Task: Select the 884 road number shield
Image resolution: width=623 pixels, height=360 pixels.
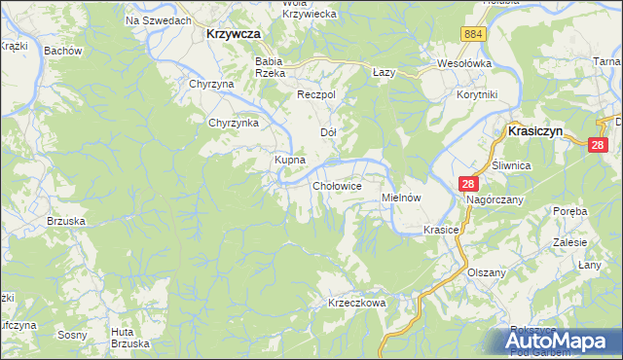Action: [473, 34]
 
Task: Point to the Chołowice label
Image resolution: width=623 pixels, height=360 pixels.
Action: [338, 185]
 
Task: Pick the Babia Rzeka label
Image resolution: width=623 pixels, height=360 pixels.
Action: [269, 67]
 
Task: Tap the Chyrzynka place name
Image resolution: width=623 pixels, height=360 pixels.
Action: [233, 123]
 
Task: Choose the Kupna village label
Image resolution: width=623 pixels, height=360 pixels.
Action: [290, 159]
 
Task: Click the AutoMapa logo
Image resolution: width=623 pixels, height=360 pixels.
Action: [558, 342]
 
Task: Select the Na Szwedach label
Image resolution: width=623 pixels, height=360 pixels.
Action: [158, 19]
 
